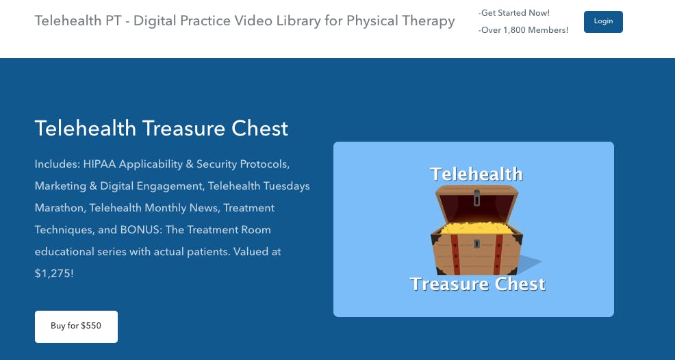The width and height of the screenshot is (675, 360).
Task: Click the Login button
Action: coord(603,21)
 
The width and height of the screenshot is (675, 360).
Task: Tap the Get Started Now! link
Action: coord(514,13)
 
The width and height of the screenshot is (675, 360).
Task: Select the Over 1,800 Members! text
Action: coord(523,30)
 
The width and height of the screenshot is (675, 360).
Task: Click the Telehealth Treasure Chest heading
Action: coord(162,128)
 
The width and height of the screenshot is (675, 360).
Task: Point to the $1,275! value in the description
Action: coord(54,274)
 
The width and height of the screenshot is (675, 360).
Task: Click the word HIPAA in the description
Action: coord(99,164)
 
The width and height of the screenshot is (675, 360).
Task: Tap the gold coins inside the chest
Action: coord(477,228)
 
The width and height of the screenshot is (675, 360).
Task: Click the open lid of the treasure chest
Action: coord(476,203)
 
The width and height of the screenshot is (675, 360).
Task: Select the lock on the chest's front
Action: coord(476,244)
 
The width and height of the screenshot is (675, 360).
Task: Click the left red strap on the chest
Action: coord(455,255)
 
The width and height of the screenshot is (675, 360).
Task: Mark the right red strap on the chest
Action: coord(498,255)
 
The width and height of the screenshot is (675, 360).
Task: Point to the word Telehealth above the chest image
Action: coord(476,174)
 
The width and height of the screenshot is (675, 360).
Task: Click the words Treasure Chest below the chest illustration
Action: coord(478,284)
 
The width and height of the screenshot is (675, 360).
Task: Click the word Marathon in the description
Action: coord(59,208)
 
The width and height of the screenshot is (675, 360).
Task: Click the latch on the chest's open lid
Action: coord(476,198)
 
